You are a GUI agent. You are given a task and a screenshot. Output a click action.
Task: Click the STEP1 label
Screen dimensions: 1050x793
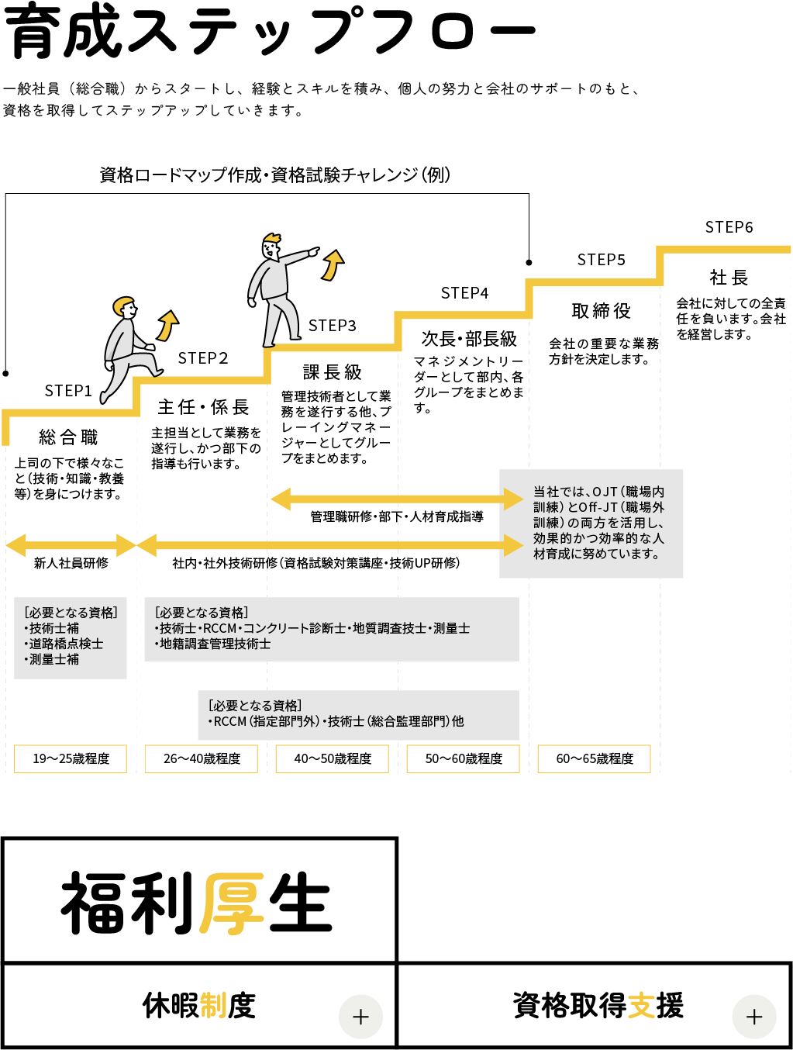pos(68,391)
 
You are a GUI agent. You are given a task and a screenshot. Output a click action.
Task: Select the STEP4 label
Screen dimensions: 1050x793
pos(464,293)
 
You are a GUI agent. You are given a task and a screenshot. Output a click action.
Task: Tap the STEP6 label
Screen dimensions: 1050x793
pos(729,227)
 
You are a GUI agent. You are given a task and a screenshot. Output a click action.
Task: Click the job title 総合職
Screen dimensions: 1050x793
pos(68,437)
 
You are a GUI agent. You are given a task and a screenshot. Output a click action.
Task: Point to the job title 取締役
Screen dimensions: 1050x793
pos(601,311)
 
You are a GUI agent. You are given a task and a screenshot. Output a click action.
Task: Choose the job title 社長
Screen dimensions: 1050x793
pos(729,278)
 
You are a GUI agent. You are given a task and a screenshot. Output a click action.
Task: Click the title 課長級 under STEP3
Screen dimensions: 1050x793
pos(332,372)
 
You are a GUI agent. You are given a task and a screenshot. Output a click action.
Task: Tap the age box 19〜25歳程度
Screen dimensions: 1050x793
pos(71,758)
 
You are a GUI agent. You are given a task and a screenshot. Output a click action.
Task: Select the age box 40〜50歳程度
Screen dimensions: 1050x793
pos(333,758)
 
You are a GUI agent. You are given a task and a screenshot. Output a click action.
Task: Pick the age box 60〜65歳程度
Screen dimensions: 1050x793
pos(595,758)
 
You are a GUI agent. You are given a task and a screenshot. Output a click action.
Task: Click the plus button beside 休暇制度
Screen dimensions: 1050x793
pos(360,1017)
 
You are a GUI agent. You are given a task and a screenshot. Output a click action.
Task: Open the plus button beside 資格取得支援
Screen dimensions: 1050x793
pos(754,1017)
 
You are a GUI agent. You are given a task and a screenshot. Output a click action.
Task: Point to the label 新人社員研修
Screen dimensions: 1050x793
pos(71,563)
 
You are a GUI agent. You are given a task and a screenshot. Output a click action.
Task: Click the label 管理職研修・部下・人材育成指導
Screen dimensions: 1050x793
pos(397,516)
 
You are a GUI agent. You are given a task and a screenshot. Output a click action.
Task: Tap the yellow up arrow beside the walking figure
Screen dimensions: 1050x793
pos(167,326)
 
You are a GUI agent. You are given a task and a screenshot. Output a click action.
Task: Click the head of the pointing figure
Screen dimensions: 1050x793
pos(271,247)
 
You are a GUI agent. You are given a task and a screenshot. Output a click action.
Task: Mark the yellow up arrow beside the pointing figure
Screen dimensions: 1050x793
pos(333,265)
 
